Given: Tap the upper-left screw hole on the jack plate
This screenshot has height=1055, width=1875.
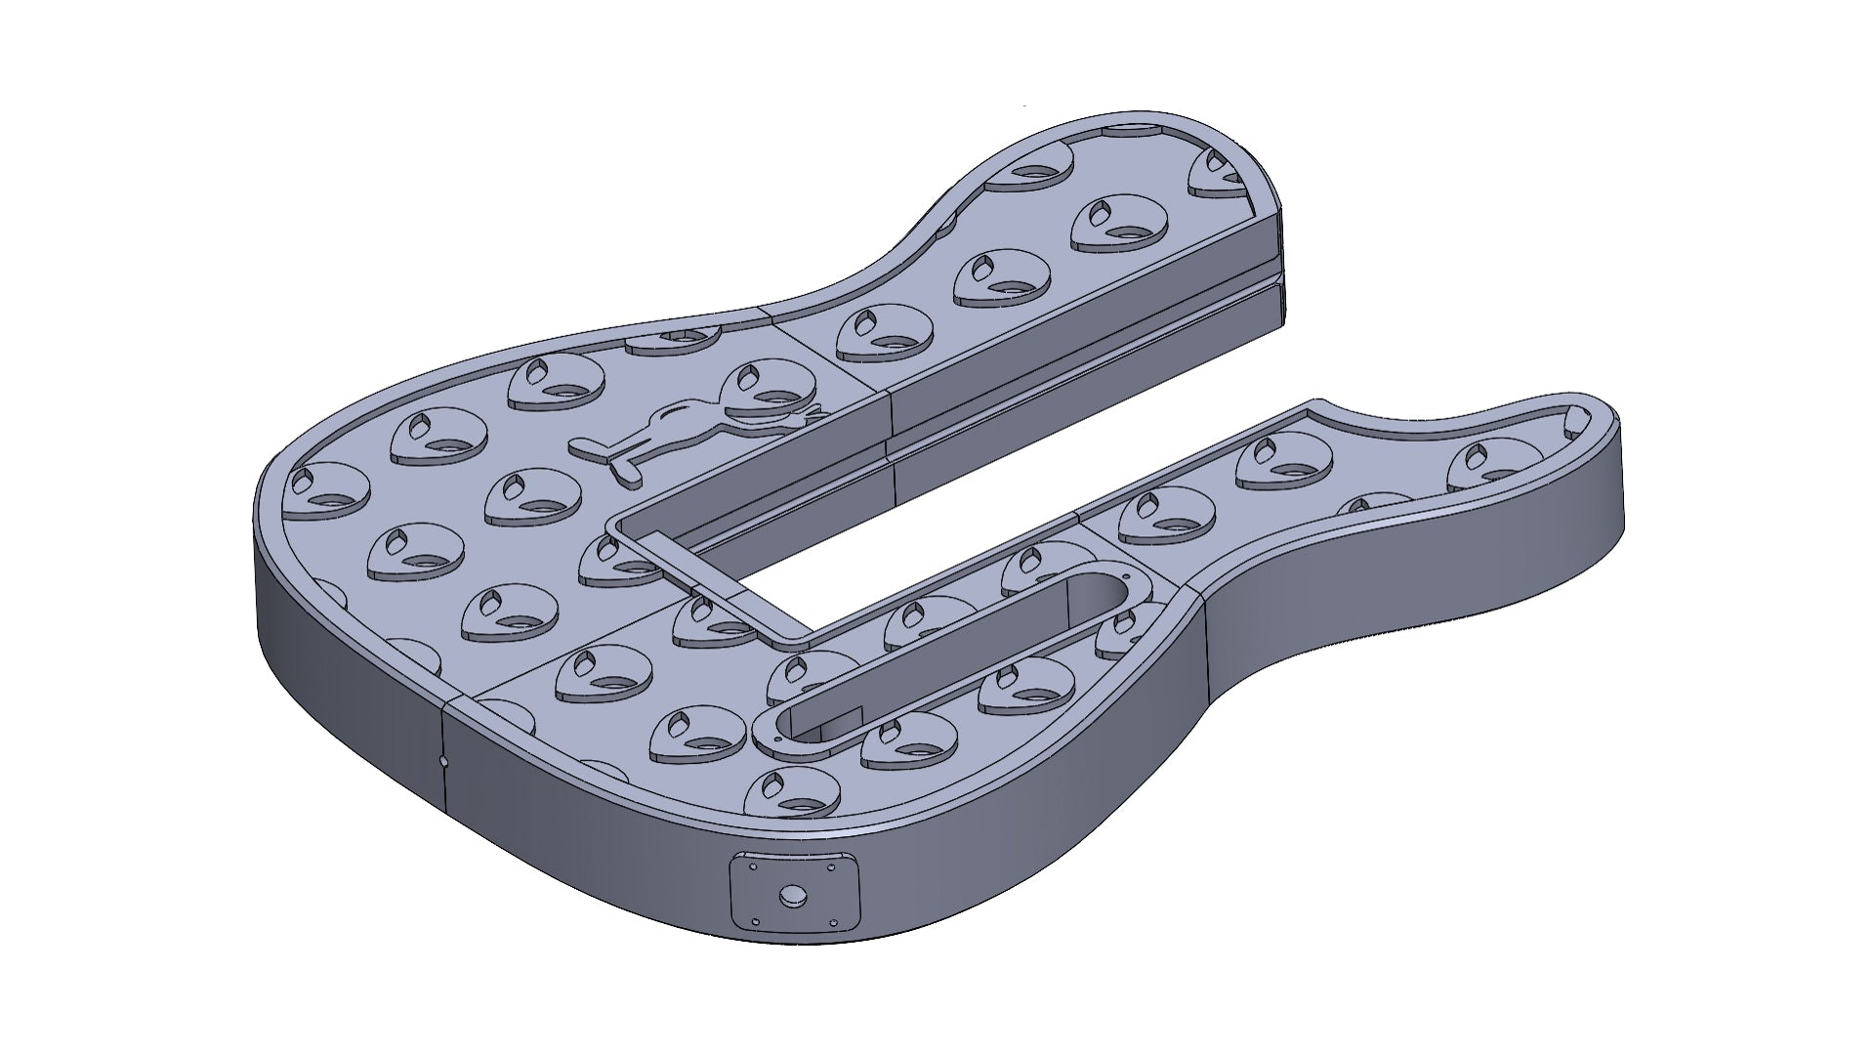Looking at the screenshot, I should click(753, 865).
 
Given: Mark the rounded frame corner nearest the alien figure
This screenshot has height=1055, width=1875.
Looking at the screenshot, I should click(616, 527).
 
